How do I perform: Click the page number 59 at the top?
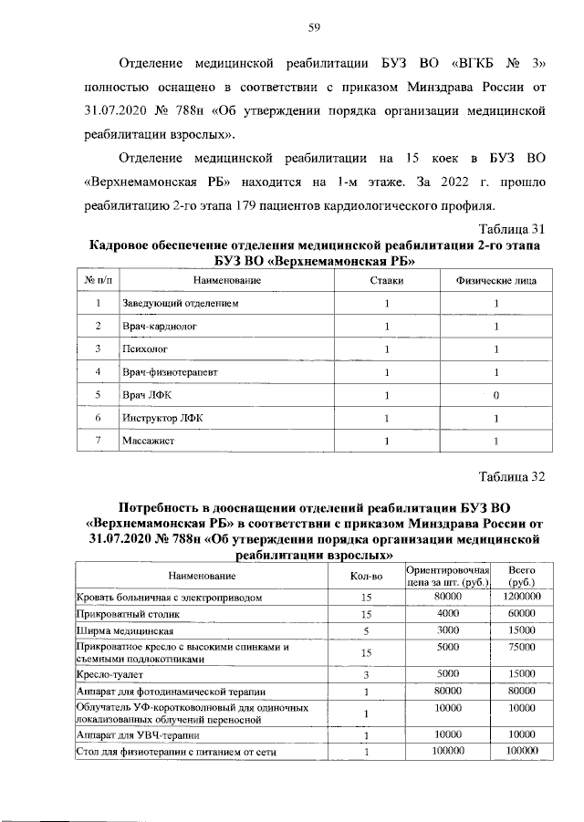pos(312,28)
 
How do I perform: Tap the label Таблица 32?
pos(512,475)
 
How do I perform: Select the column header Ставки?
pos(386,280)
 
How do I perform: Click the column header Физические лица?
pos(495,280)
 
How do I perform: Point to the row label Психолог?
pos(144,349)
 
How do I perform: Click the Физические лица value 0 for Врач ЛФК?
pos(495,395)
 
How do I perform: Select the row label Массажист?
pos(148,442)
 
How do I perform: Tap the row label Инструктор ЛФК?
pos(160,418)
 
